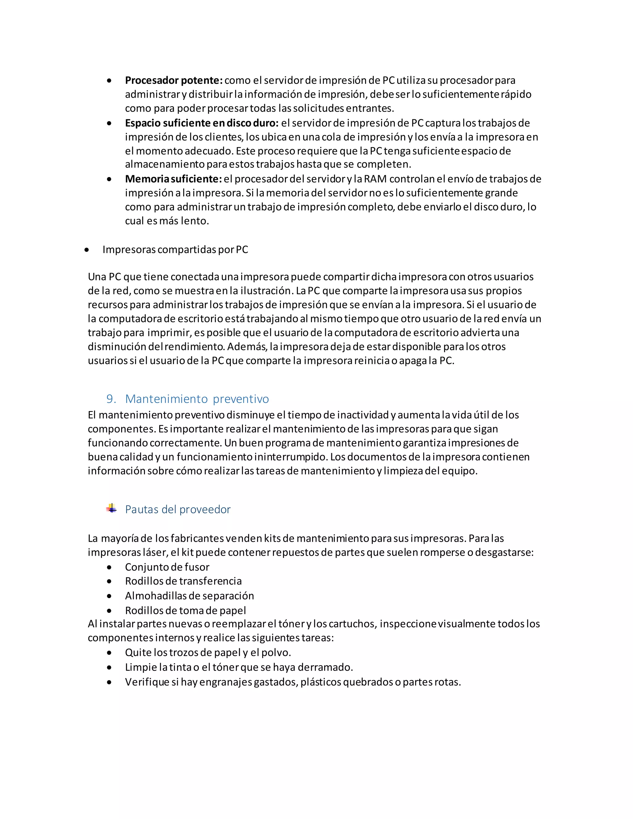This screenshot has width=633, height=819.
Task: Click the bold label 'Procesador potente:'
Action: [x=174, y=80]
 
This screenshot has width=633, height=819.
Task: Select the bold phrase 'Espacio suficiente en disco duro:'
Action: [x=202, y=123]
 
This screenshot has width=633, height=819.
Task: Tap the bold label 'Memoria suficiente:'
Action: [x=174, y=179]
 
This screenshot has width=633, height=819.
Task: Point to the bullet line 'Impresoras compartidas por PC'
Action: [x=175, y=250]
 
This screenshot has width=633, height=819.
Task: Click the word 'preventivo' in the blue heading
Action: [x=241, y=399]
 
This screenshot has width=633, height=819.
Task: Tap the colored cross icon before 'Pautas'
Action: [x=111, y=508]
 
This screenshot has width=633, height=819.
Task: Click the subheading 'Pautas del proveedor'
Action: [x=178, y=509]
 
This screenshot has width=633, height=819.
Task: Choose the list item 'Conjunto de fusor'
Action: [x=167, y=567]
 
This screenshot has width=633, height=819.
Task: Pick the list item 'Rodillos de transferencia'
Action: [x=183, y=581]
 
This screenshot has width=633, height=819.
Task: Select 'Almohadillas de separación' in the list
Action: [x=189, y=596]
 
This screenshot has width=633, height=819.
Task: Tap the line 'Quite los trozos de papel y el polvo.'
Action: [x=208, y=652]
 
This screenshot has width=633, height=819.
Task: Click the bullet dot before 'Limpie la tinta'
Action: [x=109, y=668]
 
